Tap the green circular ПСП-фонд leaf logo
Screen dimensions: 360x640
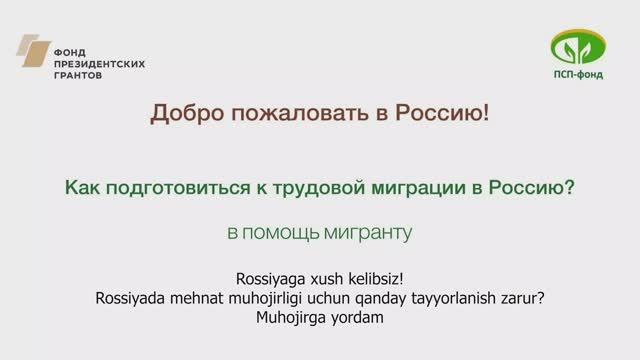point(577,47)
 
